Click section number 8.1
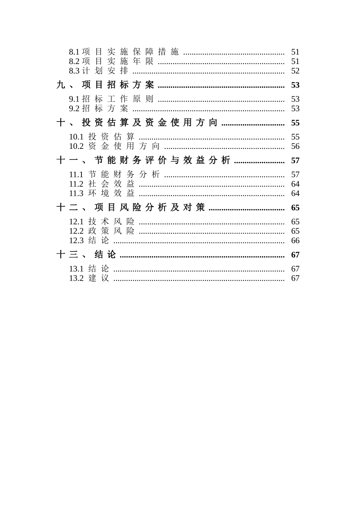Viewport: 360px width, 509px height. pyautogui.click(x=74, y=52)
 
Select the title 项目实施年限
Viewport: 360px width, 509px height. pyautogui.click(x=117, y=61)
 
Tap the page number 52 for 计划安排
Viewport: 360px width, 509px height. pyautogui.click(x=295, y=71)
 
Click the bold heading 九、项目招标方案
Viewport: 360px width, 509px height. pyautogui.click(x=105, y=85)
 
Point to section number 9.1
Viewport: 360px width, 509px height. pyautogui.click(x=74, y=99)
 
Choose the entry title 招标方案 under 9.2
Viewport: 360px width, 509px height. pyautogui.click(x=105, y=109)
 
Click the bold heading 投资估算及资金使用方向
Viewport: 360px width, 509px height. pyautogui.click(x=149, y=123)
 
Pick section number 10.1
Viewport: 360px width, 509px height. pyautogui.click(x=76, y=137)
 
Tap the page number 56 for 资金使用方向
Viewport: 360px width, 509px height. pyautogui.click(x=295, y=146)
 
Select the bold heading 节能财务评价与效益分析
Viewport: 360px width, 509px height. pyautogui.click(x=162, y=160)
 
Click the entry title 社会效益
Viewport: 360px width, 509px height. pyautogui.click(x=111, y=184)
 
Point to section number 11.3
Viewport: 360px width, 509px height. pyautogui.click(x=76, y=194)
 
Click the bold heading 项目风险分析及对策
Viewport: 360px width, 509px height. pyautogui.click(x=149, y=208)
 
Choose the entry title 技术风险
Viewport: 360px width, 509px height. pyautogui.click(x=111, y=222)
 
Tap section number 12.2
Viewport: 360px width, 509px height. pyautogui.click(x=76, y=231)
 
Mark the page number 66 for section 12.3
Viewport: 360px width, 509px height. pyautogui.click(x=295, y=240)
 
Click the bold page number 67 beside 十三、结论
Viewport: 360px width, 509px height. pyautogui.click(x=295, y=255)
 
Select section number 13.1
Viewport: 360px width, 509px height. pyautogui.click(x=76, y=269)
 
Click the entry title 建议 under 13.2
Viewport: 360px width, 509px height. pyautogui.click(x=99, y=278)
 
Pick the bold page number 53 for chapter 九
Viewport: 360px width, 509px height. pyautogui.click(x=295, y=85)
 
